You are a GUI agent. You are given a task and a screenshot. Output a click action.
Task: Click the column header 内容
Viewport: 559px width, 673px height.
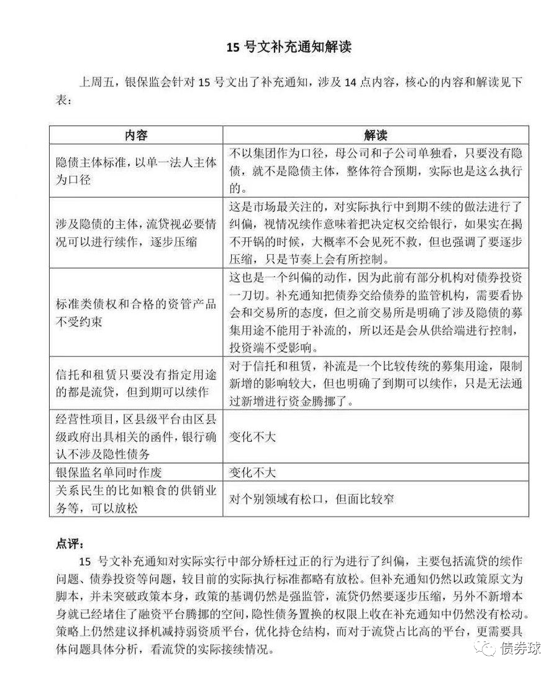click(136, 135)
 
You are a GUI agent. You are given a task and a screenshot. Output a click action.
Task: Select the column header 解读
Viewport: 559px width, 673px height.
click(376, 135)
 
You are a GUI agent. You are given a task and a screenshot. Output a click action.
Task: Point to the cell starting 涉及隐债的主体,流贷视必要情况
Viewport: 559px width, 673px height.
click(136, 232)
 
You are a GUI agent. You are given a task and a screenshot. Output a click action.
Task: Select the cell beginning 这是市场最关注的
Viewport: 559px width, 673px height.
click(376, 232)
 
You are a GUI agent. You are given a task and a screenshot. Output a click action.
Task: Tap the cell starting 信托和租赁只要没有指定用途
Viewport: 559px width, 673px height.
click(136, 382)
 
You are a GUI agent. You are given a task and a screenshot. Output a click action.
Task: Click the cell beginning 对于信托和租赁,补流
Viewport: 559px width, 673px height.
click(376, 382)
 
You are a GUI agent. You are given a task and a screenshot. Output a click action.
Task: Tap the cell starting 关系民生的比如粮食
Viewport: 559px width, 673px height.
click(136, 499)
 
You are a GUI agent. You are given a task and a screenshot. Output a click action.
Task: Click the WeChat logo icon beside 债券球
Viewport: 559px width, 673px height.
click(487, 649)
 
